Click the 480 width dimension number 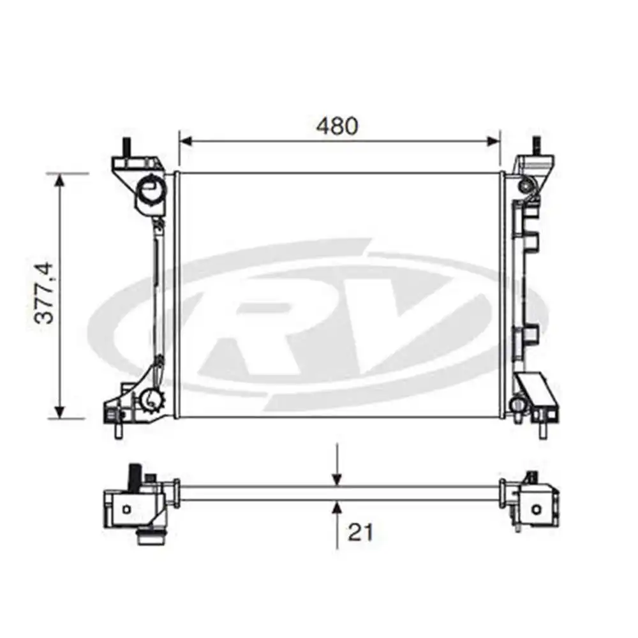tap(337, 126)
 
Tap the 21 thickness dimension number tap(360, 531)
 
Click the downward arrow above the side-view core tap(337, 478)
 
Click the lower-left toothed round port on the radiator tap(152, 400)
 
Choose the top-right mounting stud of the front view tap(535, 145)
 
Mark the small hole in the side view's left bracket tap(127, 508)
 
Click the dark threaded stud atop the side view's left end tap(136, 475)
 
